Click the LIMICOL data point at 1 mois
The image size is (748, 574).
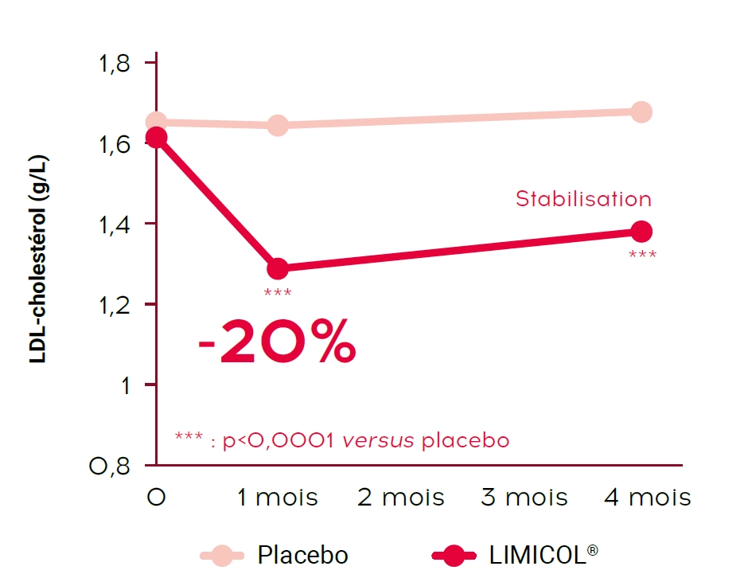tap(278, 268)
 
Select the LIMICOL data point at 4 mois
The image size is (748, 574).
tap(641, 232)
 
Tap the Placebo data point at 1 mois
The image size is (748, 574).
tap(278, 125)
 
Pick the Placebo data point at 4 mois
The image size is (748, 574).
tap(641, 112)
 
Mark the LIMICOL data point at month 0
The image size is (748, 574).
tap(157, 139)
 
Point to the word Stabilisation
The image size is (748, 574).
tap(583, 199)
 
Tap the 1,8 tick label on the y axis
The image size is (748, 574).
tap(114, 64)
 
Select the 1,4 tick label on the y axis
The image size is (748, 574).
tap(114, 224)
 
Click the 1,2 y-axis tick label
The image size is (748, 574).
tap(114, 305)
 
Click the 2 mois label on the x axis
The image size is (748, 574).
tap(400, 498)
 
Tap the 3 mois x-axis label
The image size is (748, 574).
tap(524, 498)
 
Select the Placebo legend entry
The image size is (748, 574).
tap(302, 554)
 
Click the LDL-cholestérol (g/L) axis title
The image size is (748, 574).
tap(38, 260)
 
